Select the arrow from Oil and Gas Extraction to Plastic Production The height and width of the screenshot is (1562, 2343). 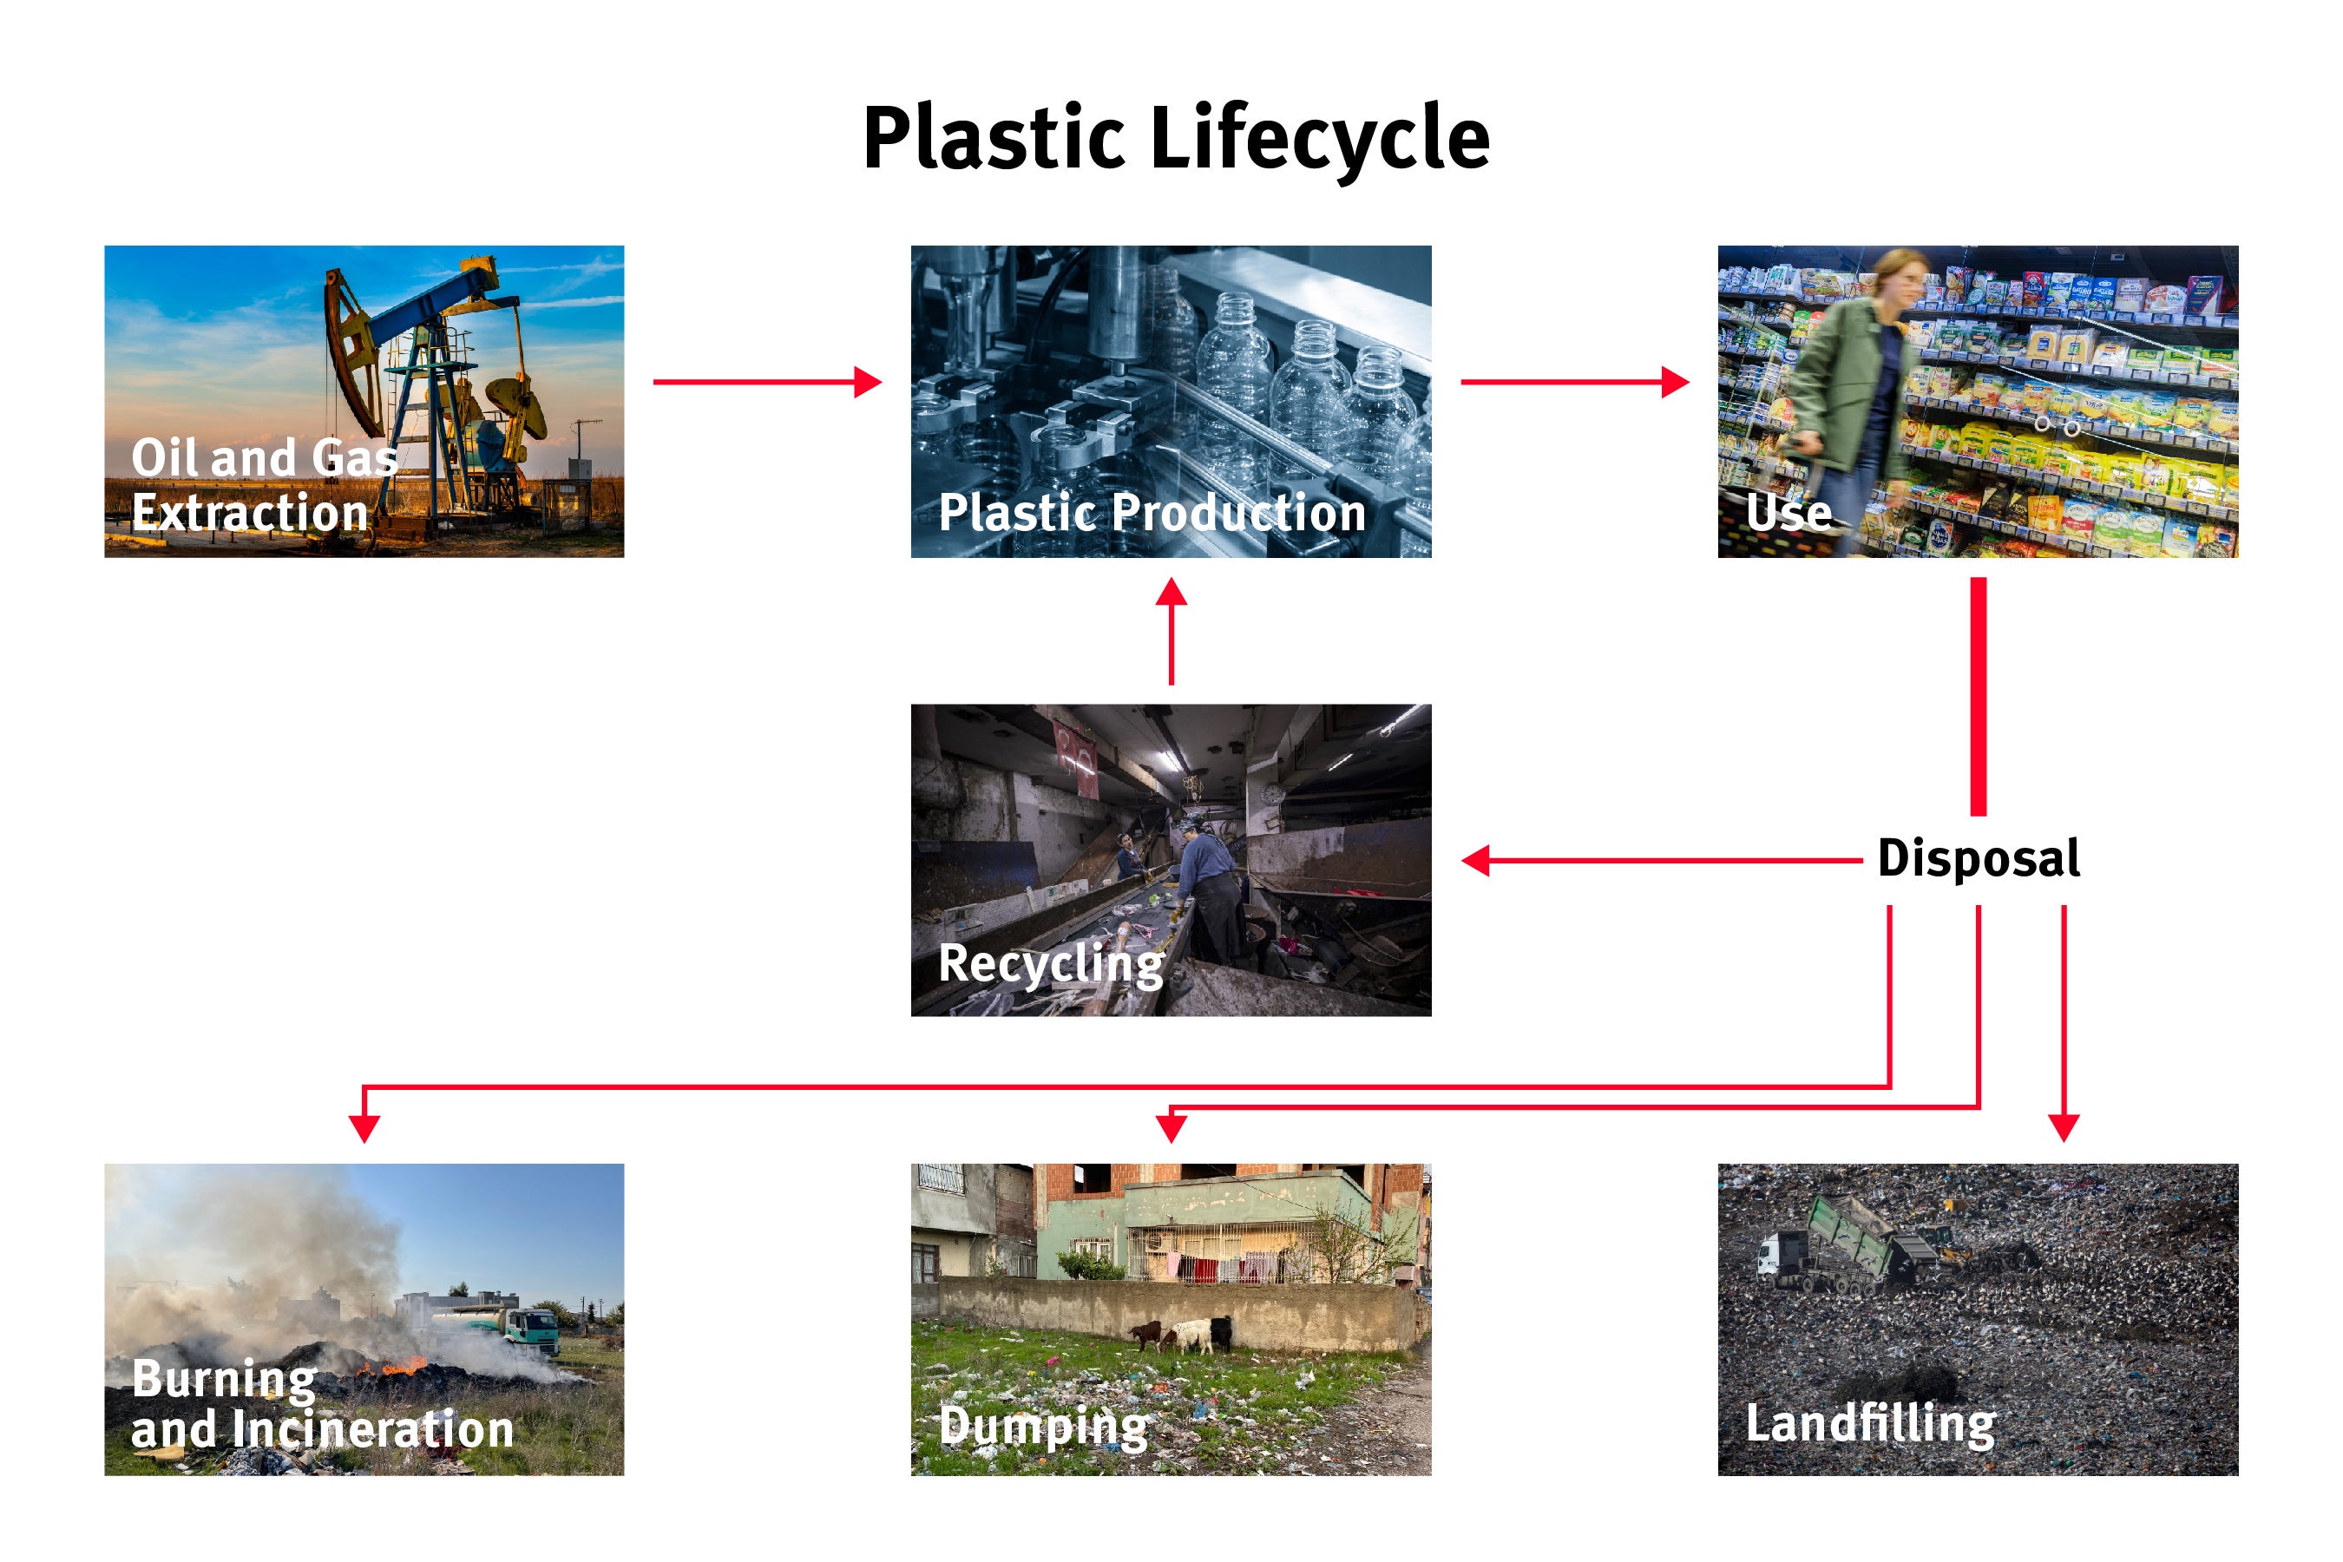[x=767, y=382]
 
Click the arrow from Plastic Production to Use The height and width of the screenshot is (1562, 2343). [x=1574, y=382]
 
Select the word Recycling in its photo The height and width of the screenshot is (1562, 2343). [x=1051, y=963]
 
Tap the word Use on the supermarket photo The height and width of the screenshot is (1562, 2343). [x=1789, y=512]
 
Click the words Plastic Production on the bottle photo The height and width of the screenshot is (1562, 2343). [x=1152, y=512]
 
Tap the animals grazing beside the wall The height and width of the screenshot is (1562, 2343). [x=1185, y=1335]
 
